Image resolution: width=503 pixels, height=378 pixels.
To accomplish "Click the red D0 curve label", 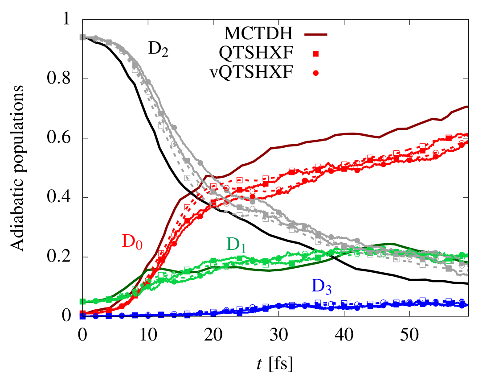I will click(x=132, y=242).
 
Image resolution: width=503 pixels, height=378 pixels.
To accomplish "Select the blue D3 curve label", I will click(x=321, y=287).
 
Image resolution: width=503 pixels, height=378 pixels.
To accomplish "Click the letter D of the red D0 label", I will click(x=128, y=241).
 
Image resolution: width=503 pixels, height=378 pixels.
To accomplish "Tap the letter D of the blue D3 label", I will click(x=318, y=286).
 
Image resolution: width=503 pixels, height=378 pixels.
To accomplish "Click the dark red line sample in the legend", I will click(x=316, y=34).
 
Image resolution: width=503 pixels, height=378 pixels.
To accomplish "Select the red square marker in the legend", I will click(x=316, y=54).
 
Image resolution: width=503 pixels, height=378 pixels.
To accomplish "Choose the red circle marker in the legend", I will click(x=316, y=73).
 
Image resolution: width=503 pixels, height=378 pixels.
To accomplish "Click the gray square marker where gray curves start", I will click(x=82, y=37).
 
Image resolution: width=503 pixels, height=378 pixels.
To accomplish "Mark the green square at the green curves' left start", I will click(x=82, y=302).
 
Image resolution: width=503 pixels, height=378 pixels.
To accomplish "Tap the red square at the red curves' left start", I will click(x=82, y=313).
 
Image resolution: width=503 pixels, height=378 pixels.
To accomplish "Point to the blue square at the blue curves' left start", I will click(x=82, y=316).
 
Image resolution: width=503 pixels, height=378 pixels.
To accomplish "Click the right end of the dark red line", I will click(x=467, y=106).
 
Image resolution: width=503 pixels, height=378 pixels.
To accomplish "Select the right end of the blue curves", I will click(x=466, y=304).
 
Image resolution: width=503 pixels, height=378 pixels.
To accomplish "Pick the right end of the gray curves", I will click(x=466, y=274).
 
